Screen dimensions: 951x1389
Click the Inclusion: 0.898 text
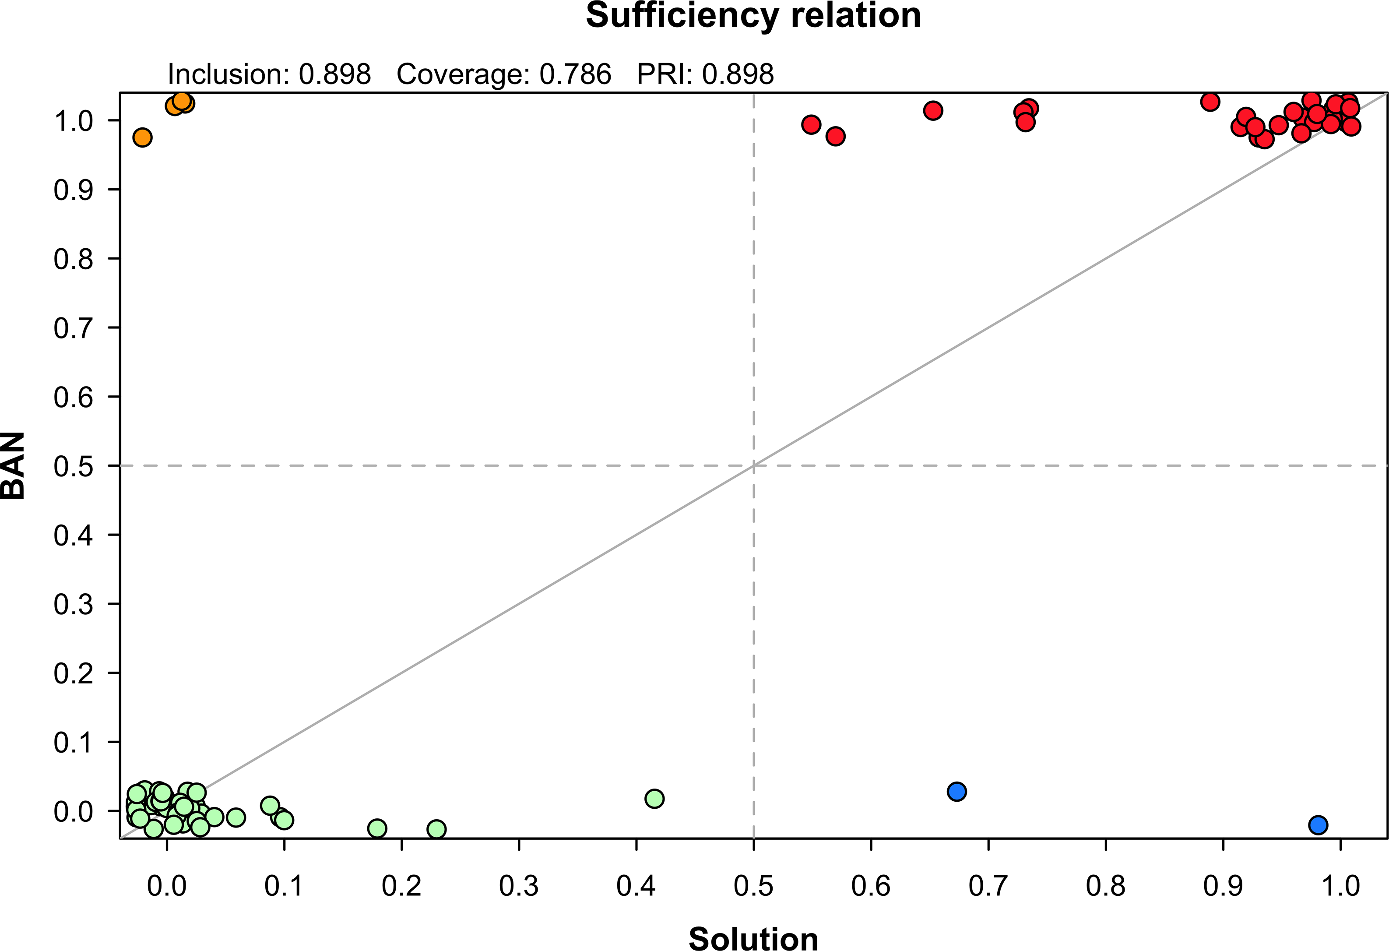269,74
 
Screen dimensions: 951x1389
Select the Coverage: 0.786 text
503,74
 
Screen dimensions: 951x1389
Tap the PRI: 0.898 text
705,74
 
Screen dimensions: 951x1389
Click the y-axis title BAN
13,465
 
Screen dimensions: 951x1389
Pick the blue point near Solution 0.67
957,791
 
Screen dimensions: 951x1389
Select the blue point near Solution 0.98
1318,825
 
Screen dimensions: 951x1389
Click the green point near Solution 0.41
654,799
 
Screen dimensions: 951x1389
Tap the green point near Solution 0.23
437,829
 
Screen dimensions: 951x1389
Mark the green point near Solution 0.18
377,828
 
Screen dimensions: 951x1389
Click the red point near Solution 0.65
933,111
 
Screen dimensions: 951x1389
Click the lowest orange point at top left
142,137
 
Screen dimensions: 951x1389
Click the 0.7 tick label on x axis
988,885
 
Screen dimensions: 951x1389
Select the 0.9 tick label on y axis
74,190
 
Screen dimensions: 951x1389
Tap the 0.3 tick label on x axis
519,885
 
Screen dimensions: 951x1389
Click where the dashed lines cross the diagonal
754,465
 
